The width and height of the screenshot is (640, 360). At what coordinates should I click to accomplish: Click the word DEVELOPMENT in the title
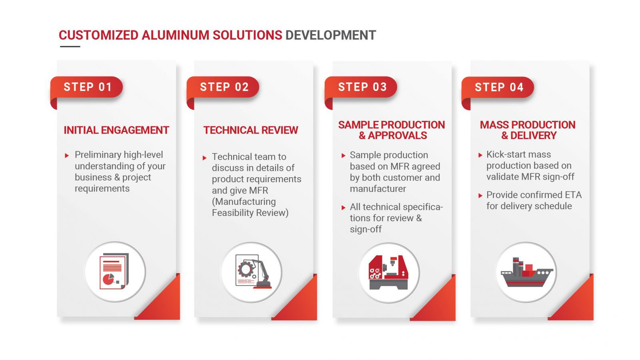tap(330, 36)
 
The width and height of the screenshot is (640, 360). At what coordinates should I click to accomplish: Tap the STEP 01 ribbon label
tap(88, 87)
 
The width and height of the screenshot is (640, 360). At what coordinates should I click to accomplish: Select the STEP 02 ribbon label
tap(224, 87)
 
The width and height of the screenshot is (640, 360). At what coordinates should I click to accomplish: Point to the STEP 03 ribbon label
tap(362, 87)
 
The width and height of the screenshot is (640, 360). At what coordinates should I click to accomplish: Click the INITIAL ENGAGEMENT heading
tap(116, 130)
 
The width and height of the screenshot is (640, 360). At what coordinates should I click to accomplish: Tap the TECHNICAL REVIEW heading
tap(250, 130)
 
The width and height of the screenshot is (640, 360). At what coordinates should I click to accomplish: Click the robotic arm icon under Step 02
tap(253, 272)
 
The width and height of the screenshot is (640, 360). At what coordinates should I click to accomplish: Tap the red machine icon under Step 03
tap(388, 272)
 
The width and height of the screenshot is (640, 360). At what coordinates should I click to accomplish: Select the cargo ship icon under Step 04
tap(527, 272)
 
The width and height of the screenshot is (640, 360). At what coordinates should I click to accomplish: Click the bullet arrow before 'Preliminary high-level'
tap(67, 156)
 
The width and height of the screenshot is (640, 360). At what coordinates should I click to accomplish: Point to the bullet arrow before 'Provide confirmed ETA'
tap(480, 196)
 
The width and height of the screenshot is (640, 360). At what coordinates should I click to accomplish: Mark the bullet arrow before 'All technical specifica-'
tap(344, 208)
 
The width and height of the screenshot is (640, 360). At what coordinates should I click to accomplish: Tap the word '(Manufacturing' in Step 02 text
tap(244, 202)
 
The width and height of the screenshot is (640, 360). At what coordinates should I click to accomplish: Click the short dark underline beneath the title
tap(70, 46)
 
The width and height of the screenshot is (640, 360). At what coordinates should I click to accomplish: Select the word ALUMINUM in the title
tap(175, 36)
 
